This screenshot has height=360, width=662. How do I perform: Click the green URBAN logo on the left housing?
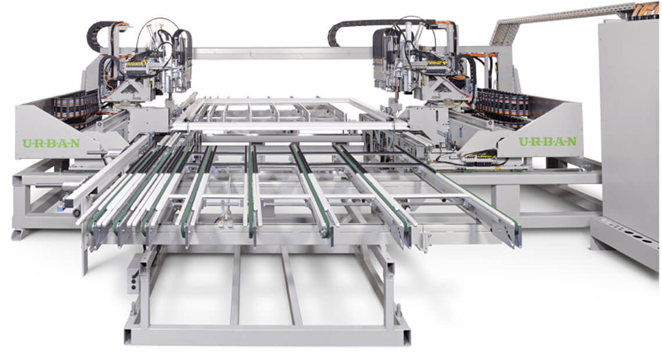[x=51, y=143]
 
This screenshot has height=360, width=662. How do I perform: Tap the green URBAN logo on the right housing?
[x=547, y=141]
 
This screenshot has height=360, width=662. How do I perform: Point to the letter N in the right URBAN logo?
[x=571, y=141]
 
